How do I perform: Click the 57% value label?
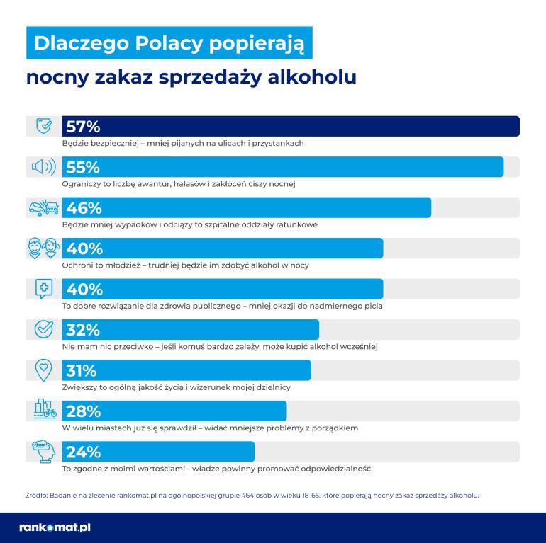[84, 127]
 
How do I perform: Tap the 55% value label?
[84, 167]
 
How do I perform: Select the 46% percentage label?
[84, 208]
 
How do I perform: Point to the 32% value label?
[84, 331]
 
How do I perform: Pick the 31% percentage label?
[82, 371]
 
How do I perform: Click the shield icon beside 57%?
[44, 126]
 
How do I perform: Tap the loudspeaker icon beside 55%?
[44, 167]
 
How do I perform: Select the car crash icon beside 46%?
[44, 208]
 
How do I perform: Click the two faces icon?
[44, 248]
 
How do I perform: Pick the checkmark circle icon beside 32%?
[44, 330]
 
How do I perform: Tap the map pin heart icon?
[44, 370]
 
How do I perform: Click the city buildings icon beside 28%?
[44, 411]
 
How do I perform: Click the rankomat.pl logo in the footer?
[55, 527]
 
